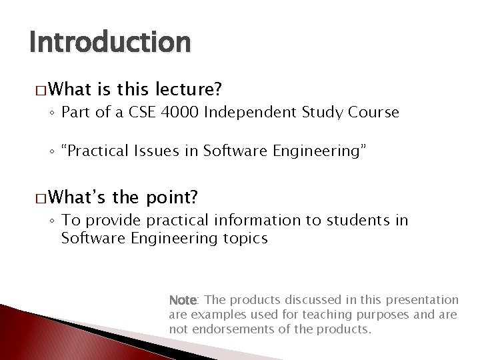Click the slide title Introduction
[110, 43]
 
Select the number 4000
[177, 113]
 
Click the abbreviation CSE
[137, 113]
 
